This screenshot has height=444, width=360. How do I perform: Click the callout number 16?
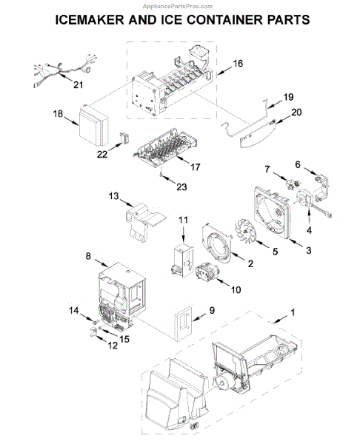tap(238, 64)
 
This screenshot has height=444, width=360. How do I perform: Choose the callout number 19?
tap(289, 96)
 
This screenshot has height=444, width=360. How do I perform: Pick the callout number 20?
tap(297, 112)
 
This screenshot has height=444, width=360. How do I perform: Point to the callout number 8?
tap(88, 256)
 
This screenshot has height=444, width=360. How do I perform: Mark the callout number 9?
tap(212, 312)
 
